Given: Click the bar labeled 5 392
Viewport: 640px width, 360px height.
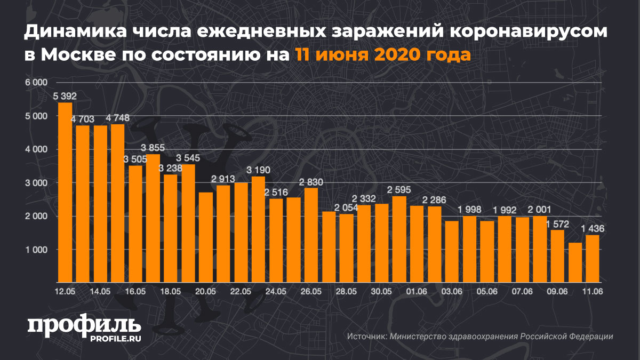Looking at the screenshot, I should tap(65, 192).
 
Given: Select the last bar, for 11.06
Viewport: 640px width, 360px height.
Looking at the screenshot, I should tap(592, 259).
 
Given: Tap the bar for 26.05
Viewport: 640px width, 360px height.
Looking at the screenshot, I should tap(311, 235).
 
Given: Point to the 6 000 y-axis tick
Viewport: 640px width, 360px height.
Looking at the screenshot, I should tap(37, 83).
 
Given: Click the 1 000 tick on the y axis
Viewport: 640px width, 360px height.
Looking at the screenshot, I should tap(37, 250).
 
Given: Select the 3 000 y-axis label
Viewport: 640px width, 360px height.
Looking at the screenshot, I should tap(37, 183).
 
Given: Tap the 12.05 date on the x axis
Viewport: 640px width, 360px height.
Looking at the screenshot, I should tap(65, 291).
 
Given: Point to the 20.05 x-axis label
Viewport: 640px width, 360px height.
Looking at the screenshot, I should tap(205, 291).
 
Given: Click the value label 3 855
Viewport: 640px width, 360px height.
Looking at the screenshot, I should tap(153, 148).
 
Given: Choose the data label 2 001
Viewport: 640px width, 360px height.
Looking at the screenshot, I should tap(540, 210).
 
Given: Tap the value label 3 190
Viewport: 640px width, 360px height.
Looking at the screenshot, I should tap(258, 170).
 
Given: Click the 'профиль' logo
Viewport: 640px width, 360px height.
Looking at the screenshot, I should tap(84, 325).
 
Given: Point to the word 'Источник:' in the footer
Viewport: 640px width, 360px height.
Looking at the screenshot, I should tap(366, 337).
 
